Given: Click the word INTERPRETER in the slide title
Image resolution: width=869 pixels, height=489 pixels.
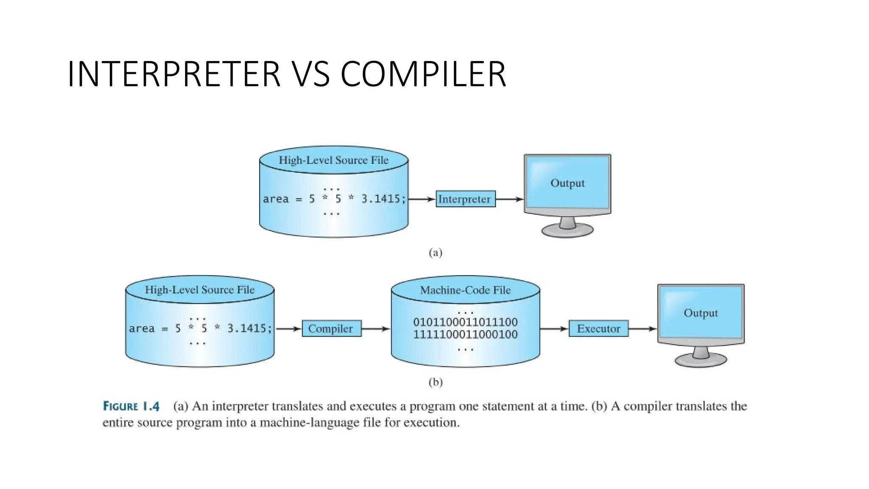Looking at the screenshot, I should click(x=174, y=74).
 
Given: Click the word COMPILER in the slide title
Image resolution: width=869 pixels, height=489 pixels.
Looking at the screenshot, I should click(x=423, y=74).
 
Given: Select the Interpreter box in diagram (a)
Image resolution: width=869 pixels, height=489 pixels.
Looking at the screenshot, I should click(x=465, y=199).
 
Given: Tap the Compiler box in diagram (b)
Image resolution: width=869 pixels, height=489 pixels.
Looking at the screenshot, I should click(x=331, y=329).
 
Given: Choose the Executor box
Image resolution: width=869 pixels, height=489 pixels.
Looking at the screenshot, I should click(x=598, y=329).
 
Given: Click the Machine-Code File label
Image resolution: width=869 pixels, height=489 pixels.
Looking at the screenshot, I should click(x=465, y=290).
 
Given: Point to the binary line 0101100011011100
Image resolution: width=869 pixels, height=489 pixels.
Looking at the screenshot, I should click(x=465, y=322).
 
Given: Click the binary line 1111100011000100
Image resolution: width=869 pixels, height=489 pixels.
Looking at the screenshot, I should click(x=465, y=334).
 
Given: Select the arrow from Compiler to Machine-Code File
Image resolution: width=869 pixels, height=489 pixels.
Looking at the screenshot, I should click(x=376, y=329).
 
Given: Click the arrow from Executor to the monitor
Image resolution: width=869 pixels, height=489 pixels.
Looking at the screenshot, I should click(x=642, y=329).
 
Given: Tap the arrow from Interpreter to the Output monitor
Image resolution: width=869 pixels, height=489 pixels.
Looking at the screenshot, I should click(x=510, y=199).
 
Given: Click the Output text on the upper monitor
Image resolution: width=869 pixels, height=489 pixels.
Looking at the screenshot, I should click(x=567, y=183).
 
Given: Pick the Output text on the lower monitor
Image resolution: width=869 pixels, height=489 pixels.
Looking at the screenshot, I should click(x=701, y=313).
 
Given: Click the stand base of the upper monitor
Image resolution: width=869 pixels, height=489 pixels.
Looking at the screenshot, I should click(x=567, y=231).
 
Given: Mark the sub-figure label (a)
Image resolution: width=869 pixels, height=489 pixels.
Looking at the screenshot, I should click(x=435, y=253).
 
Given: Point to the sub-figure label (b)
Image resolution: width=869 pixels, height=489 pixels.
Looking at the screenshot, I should click(x=435, y=382).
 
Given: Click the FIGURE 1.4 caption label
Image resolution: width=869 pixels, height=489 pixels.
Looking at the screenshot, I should click(x=131, y=407).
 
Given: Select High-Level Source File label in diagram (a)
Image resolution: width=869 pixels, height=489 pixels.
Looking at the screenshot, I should click(x=334, y=160).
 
